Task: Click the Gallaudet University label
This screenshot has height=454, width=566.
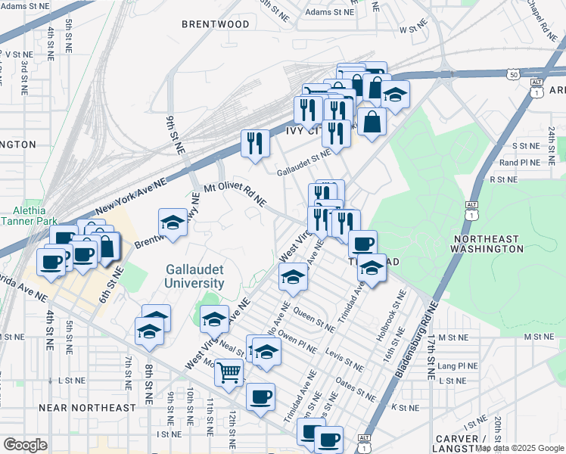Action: (195, 276)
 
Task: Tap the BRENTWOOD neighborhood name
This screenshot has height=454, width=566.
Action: (216, 24)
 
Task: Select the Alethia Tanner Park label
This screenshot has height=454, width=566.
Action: (24, 216)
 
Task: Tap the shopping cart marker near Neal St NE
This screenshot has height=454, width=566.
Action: (229, 372)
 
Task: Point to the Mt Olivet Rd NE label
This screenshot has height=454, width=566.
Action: (235, 193)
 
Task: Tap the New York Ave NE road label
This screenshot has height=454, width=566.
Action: (130, 197)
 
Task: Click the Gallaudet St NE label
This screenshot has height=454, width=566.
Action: (303, 160)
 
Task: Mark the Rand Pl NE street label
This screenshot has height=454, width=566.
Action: (518, 162)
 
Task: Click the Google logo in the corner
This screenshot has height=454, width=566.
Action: (25, 445)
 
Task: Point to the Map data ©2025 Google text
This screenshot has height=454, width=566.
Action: (519, 448)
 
